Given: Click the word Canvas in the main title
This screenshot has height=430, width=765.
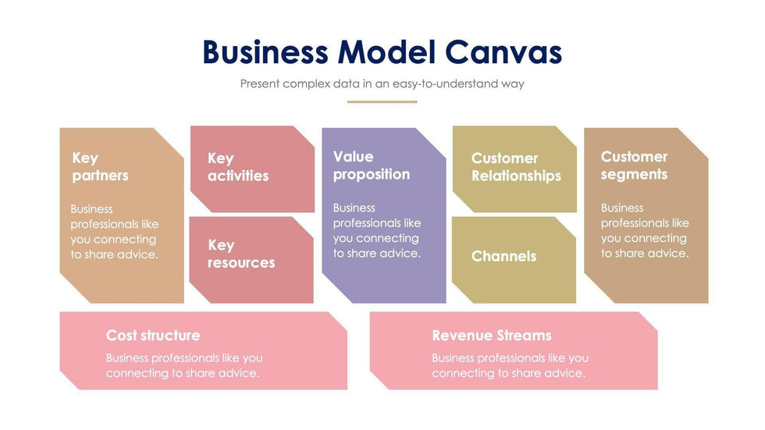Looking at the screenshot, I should (x=503, y=52).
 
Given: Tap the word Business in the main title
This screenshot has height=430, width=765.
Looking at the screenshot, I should (x=265, y=52).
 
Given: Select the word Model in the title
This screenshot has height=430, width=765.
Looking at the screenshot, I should (x=386, y=52).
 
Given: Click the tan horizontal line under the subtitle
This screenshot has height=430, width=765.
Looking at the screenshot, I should (x=382, y=101).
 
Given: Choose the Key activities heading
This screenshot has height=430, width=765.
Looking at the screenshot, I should (x=237, y=167).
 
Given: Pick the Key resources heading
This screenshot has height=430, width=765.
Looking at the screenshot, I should (x=240, y=254).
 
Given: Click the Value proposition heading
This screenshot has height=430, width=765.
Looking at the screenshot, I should (x=371, y=165).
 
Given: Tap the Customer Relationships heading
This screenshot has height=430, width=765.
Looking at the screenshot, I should (x=515, y=167).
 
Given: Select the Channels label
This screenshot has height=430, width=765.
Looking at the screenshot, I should (x=503, y=256).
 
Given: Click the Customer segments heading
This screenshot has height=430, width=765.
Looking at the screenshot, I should (x=634, y=165).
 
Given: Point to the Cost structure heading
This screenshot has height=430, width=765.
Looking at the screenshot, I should (x=153, y=336).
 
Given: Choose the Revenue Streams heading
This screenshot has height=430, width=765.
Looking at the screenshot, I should (x=492, y=336).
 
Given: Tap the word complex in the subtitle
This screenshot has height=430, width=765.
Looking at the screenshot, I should (x=307, y=84).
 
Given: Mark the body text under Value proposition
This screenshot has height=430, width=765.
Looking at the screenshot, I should (x=377, y=231).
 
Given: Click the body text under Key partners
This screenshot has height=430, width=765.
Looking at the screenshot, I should (x=115, y=232).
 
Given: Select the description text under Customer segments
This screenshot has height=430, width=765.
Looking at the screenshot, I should (x=645, y=231).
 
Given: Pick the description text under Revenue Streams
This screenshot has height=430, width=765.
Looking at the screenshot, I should (x=510, y=365).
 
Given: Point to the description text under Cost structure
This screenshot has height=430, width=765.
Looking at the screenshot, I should (x=184, y=365).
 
